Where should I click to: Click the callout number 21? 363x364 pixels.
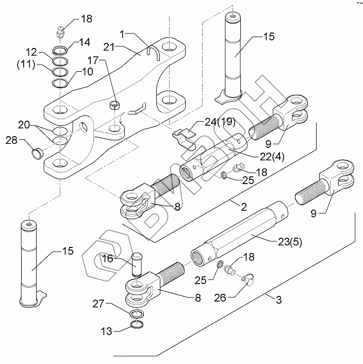[x=109, y=47]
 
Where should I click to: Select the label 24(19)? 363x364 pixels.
[x=220, y=122]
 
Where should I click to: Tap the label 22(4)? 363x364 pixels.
[x=272, y=157]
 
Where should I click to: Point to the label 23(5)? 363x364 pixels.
[x=290, y=242]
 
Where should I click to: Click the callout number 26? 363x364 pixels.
[x=220, y=297]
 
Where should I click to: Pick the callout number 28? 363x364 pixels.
[x=12, y=140]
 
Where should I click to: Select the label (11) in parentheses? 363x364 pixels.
[x=26, y=64]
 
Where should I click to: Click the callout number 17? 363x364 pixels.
[x=93, y=60]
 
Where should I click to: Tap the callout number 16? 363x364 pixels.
[x=108, y=258]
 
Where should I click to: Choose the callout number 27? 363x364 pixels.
[x=99, y=303]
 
